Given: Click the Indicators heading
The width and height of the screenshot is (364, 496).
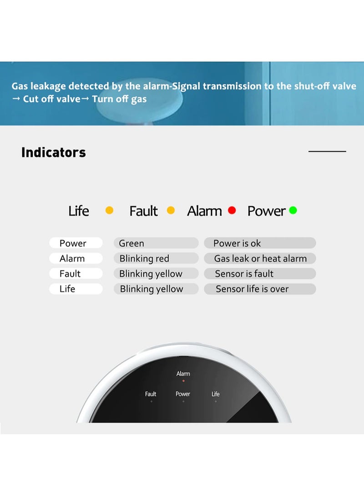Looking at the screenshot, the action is (x=54, y=152).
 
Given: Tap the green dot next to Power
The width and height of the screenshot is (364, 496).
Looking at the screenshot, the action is (x=293, y=210).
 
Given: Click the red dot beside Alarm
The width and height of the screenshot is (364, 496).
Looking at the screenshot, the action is (x=232, y=210).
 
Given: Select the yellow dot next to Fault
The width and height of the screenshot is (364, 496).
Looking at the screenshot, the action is (x=171, y=210).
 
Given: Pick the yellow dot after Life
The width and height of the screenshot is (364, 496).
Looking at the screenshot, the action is (x=110, y=210).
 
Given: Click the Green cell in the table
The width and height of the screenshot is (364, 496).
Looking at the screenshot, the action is (x=156, y=243).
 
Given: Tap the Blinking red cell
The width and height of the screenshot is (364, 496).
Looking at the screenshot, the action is (x=156, y=258).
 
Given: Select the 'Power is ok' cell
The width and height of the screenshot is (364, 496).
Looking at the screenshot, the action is (x=260, y=243).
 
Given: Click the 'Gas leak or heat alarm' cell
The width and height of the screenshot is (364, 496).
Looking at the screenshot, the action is (x=260, y=258).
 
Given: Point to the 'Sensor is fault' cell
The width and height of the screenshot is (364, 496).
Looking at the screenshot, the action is (x=260, y=273).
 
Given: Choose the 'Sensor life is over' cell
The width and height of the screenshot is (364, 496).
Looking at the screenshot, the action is (x=260, y=289).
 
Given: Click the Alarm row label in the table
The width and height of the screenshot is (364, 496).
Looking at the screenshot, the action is (x=76, y=258).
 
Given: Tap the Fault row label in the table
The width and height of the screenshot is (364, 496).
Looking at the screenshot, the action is (x=76, y=273).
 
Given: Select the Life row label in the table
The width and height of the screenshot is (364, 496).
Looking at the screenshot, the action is (x=76, y=289).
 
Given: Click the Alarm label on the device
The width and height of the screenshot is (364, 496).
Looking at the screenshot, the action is (x=183, y=374).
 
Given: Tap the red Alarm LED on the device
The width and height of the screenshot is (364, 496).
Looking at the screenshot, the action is (x=183, y=381).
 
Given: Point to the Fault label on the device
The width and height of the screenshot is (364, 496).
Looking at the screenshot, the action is (x=151, y=394).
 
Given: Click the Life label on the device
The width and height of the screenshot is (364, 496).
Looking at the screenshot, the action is (x=216, y=394).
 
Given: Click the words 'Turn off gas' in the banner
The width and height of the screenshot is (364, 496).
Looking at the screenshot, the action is (x=119, y=99).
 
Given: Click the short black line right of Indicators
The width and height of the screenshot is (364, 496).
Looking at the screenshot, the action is (x=327, y=151).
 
